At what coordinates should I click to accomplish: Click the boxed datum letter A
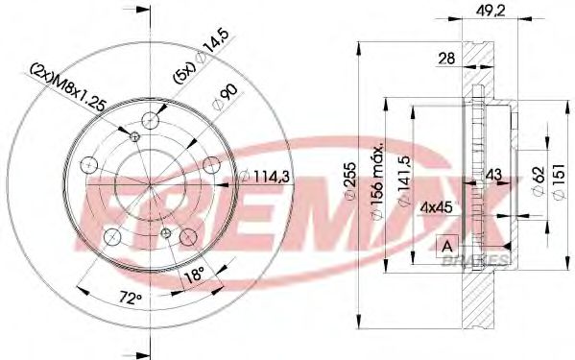(x=445, y=245)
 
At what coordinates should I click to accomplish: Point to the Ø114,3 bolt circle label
(x=254, y=174)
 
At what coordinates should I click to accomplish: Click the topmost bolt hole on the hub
(x=150, y=121)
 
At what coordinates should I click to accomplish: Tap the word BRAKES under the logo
(x=480, y=260)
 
